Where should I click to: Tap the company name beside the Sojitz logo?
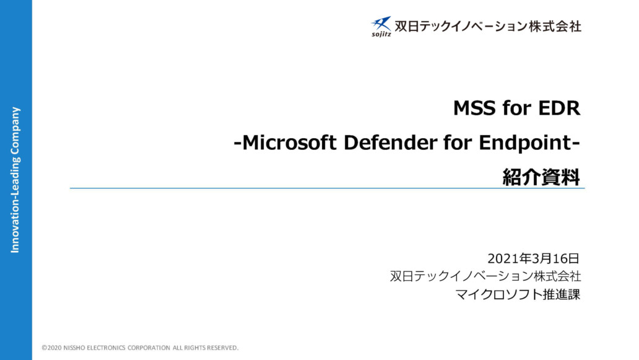tap(488, 27)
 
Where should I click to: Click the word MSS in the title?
tap(474, 108)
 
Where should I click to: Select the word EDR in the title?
tap(559, 108)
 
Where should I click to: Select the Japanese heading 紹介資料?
tap(541, 177)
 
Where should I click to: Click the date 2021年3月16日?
tap(534, 258)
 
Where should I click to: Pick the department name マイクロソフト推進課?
tap(518, 294)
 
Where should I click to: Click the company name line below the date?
tap(485, 276)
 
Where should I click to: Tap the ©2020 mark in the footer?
tap(52, 348)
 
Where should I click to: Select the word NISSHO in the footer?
tap(74, 348)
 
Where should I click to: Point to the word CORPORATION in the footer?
tap(149, 348)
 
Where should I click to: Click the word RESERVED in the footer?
tap(222, 348)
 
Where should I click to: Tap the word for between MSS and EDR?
tap(517, 108)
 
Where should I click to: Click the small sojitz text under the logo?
tap(381, 34)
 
